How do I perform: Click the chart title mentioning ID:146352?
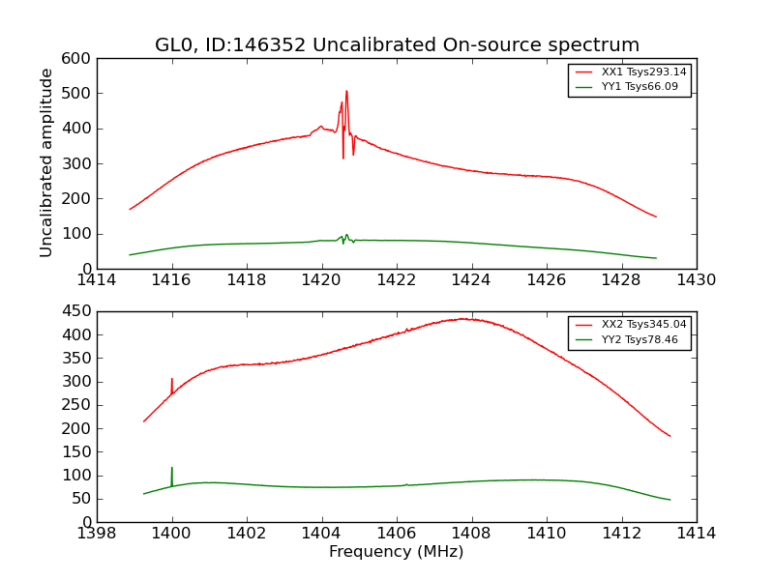tap(397, 45)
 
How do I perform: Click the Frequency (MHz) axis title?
tap(397, 552)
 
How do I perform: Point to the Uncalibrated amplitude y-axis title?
tap(46, 163)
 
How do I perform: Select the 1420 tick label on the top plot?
tap(321, 280)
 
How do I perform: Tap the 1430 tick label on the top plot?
tap(697, 280)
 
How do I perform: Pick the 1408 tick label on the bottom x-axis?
tap(471, 534)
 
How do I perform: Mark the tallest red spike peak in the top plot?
tap(346, 92)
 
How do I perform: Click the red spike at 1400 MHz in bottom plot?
tap(172, 380)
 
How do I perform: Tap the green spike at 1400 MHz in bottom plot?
tap(172, 469)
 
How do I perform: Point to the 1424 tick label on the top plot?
tap(471, 280)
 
